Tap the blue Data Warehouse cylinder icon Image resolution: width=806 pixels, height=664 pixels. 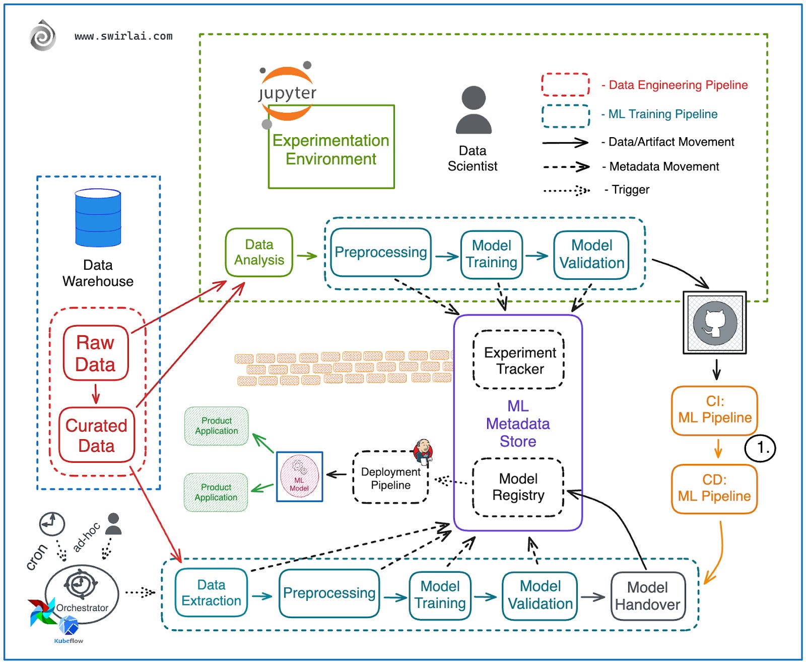pos(98,218)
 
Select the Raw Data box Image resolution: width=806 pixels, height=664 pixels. pos(96,353)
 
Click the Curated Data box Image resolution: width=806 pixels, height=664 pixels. pos(96,435)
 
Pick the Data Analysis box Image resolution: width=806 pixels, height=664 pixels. pos(259,252)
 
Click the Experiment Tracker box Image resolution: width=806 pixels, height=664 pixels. pos(519,360)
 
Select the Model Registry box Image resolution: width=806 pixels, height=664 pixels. pos(518,487)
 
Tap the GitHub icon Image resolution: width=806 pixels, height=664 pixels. pos(714,323)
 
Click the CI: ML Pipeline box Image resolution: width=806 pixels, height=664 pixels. pos(714,410)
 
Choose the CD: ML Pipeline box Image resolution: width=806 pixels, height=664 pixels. pos(714,489)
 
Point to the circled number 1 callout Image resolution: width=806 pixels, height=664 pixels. pos(760,448)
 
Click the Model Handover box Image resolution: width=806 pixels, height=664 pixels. pos(648,596)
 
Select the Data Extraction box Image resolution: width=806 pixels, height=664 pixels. pos(211,593)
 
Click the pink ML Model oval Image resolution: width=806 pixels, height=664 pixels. pos(299,476)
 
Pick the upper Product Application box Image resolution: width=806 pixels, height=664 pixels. pos(216,426)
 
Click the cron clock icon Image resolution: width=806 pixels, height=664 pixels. pos(52,524)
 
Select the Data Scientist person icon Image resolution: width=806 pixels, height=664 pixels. pos(473,110)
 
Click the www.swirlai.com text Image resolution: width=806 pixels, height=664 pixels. pos(123,36)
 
